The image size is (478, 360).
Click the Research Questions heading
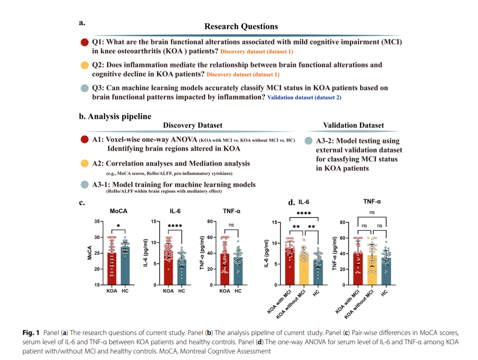241,26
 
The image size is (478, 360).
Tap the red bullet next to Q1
84,42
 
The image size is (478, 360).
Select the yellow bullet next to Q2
84,65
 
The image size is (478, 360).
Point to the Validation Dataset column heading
353,125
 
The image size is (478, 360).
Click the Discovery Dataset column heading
192,125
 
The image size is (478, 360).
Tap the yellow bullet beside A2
84,163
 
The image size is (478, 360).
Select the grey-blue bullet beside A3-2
309,141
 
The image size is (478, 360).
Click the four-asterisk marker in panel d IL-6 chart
304,213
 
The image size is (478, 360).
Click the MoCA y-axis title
90,253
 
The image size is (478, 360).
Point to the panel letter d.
291,203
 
